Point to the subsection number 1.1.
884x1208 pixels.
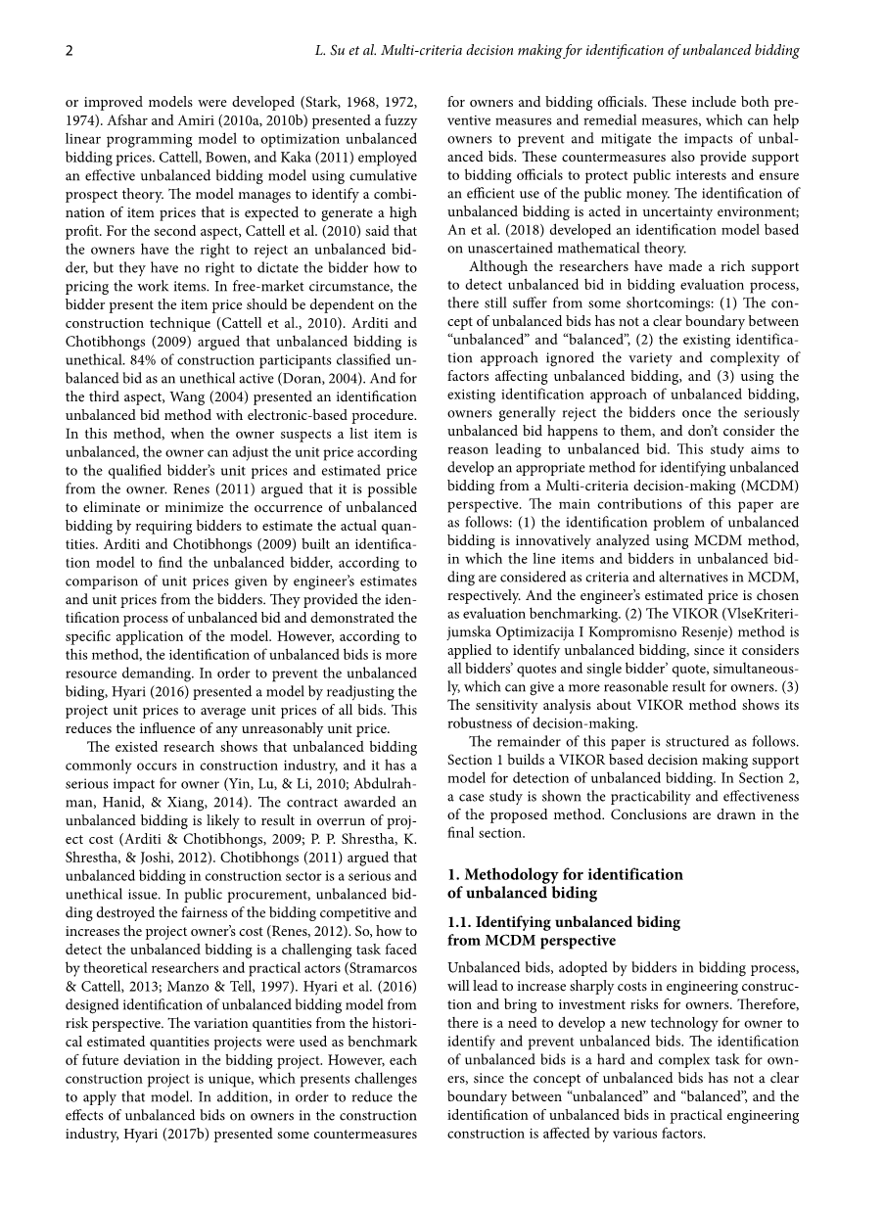pos(460,922)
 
